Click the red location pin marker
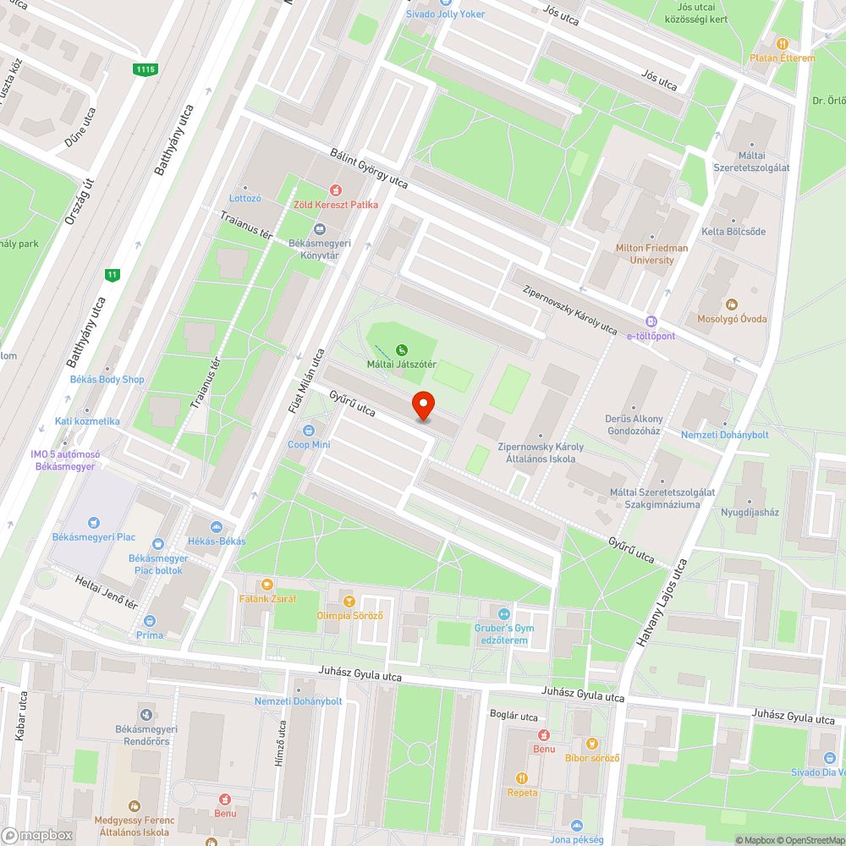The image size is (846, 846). point(422,405)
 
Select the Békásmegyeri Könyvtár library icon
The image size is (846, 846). point(320,229)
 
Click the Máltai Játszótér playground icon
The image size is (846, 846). point(401,349)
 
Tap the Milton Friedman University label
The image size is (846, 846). point(652,254)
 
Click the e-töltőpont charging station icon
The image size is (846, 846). point(651,321)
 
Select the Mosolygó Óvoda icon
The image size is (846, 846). point(732,305)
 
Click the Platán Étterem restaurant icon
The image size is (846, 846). point(783,44)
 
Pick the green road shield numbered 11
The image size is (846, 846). point(112,274)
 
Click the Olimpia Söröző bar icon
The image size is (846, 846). point(349,601)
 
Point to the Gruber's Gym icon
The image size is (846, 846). point(505,613)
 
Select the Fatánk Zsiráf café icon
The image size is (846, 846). point(267,584)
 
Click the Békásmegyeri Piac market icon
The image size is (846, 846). point(93,522)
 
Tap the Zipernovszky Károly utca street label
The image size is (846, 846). point(570,308)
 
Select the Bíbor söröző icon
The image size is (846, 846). point(593,744)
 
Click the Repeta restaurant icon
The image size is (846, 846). point(522,778)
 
